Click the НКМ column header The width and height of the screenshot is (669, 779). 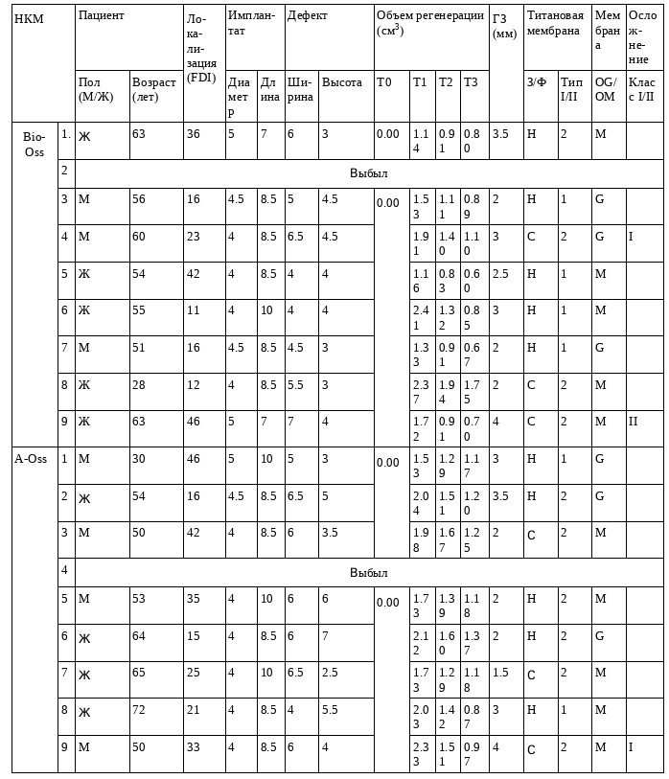click(29, 18)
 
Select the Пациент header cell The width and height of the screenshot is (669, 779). click(102, 16)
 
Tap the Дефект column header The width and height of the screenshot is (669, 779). click(307, 16)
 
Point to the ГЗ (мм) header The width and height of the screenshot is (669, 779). click(504, 26)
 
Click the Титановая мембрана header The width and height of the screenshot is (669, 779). click(554, 23)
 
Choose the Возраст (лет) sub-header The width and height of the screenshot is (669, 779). click(154, 89)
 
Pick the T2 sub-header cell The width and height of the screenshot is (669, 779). click(446, 82)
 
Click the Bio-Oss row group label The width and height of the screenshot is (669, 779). click(34, 144)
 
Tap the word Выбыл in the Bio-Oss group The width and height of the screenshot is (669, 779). click(368, 174)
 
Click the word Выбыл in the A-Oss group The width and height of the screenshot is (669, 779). click(368, 573)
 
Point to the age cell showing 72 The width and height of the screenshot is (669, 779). click(139, 710)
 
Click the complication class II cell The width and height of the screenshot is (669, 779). click(634, 422)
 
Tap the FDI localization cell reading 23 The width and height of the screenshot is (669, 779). click(194, 236)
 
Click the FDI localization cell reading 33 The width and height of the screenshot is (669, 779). click(194, 747)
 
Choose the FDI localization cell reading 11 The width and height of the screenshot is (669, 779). click(194, 310)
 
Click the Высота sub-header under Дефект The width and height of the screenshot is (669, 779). click(342, 82)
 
